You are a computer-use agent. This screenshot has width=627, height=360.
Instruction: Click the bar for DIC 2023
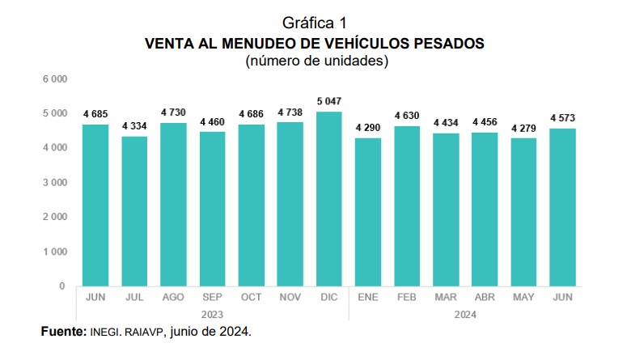click(328, 198)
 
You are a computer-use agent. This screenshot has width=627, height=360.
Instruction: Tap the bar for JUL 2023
click(134, 211)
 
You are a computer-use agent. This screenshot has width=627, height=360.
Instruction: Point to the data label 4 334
click(134, 127)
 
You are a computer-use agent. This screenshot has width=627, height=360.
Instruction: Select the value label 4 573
click(562, 119)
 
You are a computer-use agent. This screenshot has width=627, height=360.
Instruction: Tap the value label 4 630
click(406, 116)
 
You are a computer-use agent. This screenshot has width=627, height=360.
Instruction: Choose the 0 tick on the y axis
click(61, 286)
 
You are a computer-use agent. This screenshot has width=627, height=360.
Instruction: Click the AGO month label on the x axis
click(173, 298)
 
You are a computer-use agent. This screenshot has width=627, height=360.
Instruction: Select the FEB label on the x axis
click(406, 298)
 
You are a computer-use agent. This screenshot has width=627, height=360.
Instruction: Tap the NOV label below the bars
click(290, 298)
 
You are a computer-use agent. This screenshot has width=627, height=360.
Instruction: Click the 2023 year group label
click(212, 313)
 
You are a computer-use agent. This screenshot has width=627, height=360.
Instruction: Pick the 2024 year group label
click(464, 313)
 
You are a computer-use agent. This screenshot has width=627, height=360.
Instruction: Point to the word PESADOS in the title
click(446, 43)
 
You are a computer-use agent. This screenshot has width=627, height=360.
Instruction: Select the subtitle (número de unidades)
click(314, 61)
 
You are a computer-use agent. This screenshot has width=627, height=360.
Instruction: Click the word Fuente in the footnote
click(61, 332)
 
